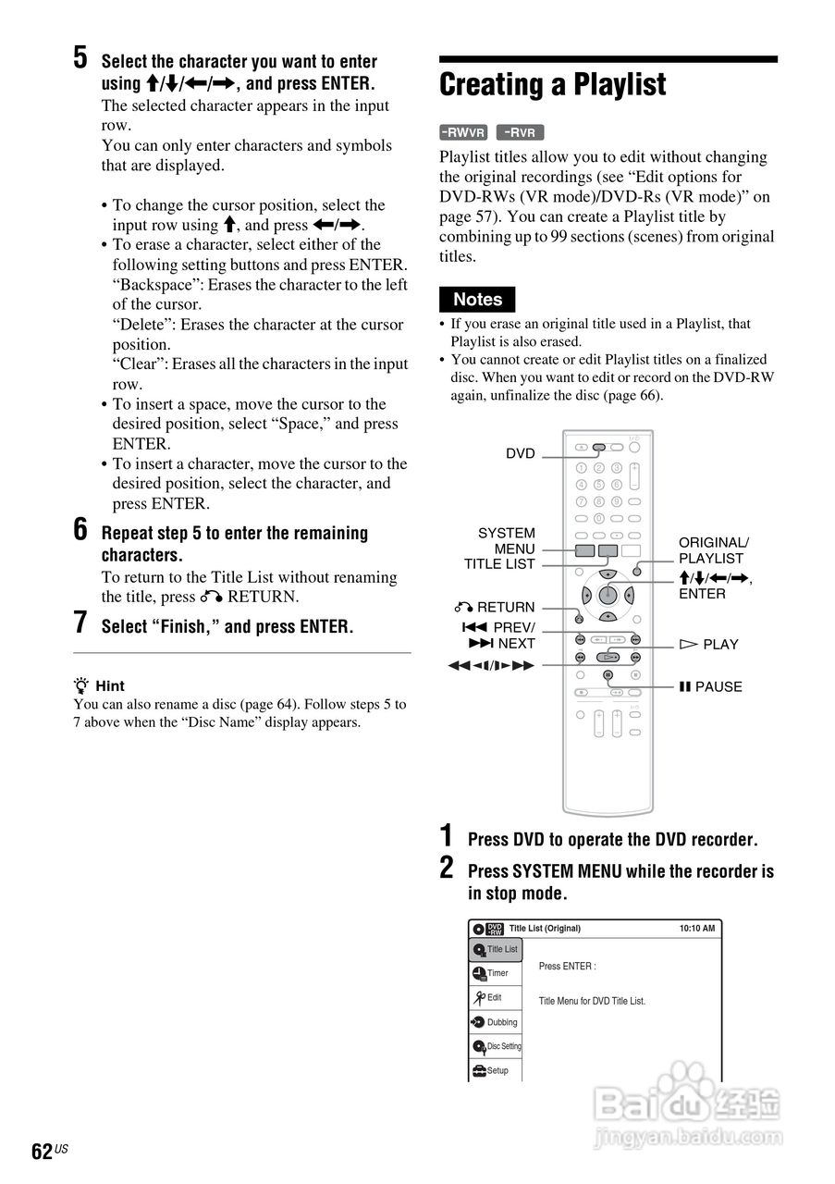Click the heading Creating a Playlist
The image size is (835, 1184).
tap(552, 85)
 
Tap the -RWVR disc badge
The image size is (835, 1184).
tap(463, 132)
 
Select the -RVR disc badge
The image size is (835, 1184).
tap(520, 132)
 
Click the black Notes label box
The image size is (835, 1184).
tap(477, 300)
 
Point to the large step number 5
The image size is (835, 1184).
tap(81, 58)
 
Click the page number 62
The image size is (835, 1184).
tap(42, 1151)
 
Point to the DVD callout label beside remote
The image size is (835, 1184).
tap(520, 453)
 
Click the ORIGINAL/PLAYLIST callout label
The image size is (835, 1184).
tap(713, 550)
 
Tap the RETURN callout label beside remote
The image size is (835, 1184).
tap(496, 607)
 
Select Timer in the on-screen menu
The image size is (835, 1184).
tap(497, 973)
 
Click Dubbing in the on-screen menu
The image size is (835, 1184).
tap(501, 1022)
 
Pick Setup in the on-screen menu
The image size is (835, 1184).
tap(497, 1070)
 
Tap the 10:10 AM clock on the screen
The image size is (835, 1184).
tap(696, 929)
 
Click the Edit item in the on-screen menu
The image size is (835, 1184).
tap(494, 997)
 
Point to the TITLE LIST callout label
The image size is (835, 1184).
tap(499, 564)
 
